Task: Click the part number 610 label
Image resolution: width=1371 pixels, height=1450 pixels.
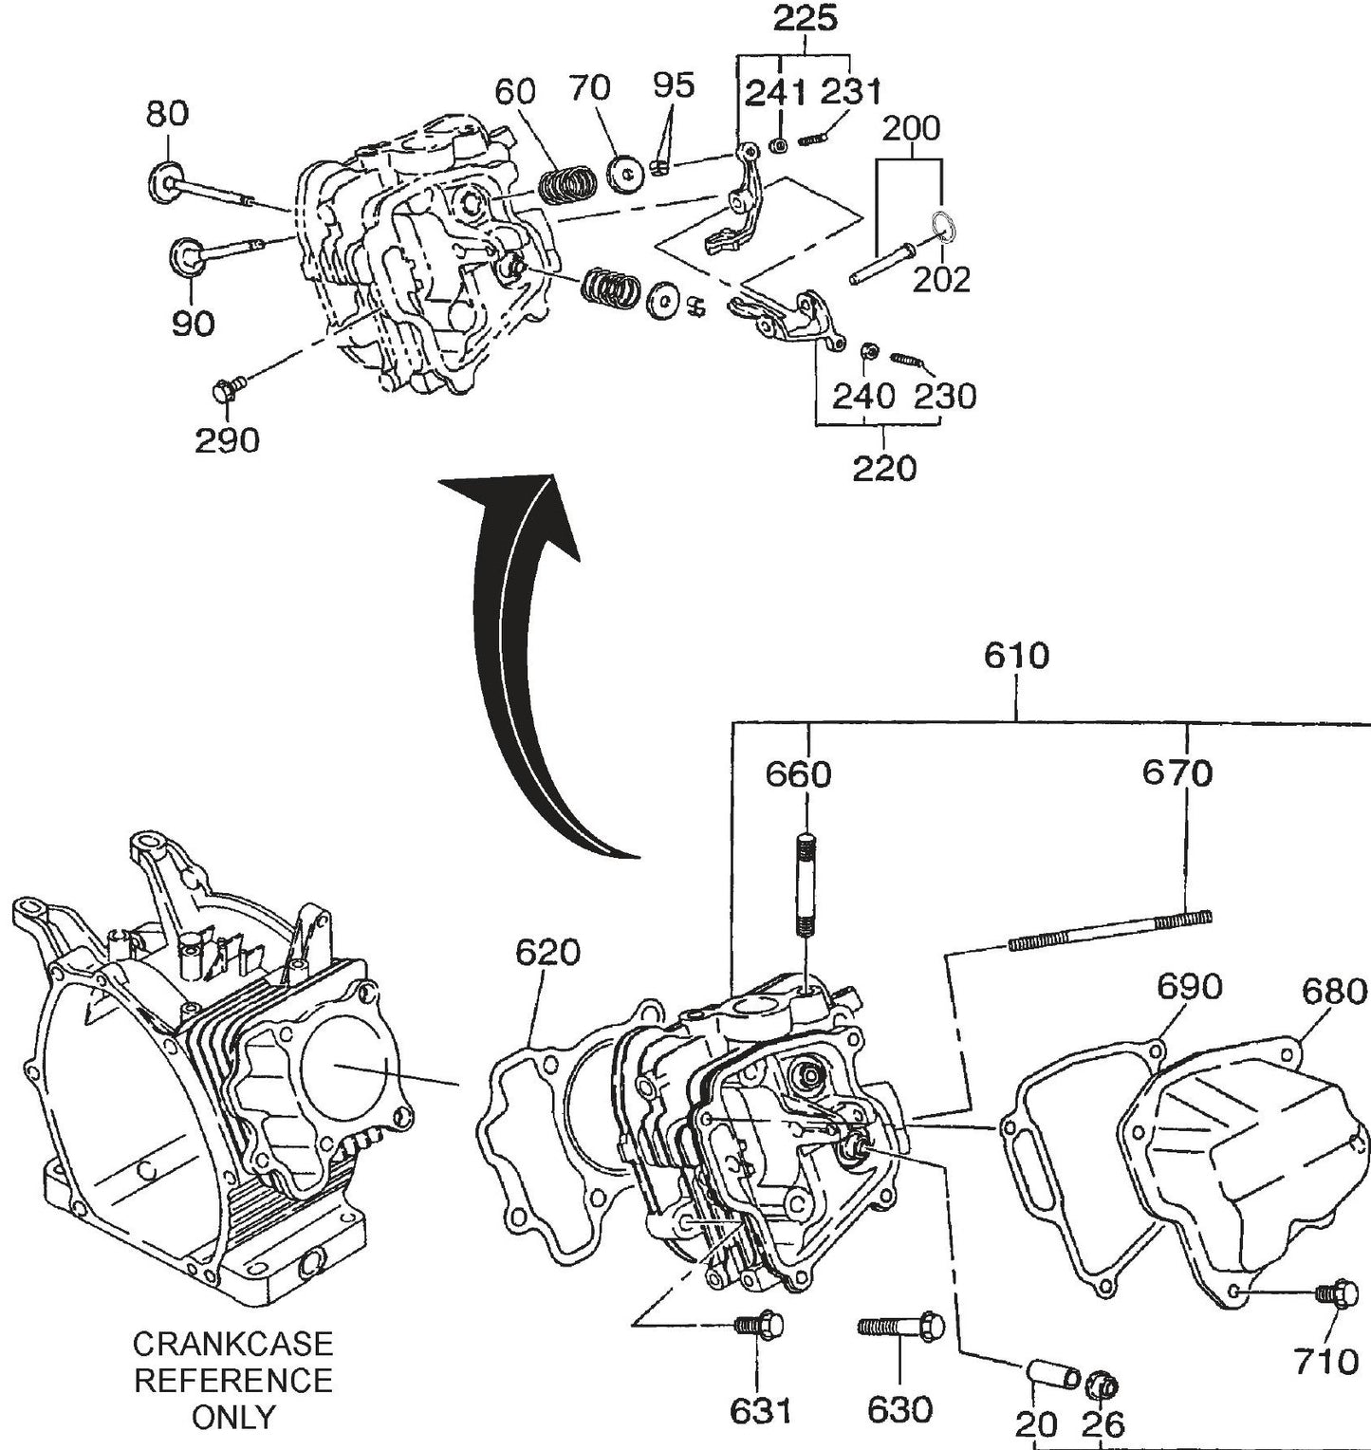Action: pos(1016,657)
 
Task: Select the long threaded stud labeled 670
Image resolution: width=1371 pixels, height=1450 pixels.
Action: pos(1109,930)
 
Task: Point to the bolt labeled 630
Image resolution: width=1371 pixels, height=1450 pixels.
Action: pos(900,1326)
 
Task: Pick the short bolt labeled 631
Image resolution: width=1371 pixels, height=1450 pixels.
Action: pos(759,1325)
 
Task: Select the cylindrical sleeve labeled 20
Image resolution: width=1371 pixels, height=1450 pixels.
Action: pos(1053,1376)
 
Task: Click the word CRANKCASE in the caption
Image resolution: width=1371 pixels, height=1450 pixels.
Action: pos(232,1344)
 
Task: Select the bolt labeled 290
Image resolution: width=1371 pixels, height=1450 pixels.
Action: pos(227,388)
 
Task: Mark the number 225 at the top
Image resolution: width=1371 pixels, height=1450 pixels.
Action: pos(805,18)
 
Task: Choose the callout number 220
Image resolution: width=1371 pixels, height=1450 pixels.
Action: pos(883,468)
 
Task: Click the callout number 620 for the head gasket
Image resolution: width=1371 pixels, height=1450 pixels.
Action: pos(547,952)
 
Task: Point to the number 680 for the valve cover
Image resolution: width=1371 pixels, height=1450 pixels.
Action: pos(1333,992)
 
